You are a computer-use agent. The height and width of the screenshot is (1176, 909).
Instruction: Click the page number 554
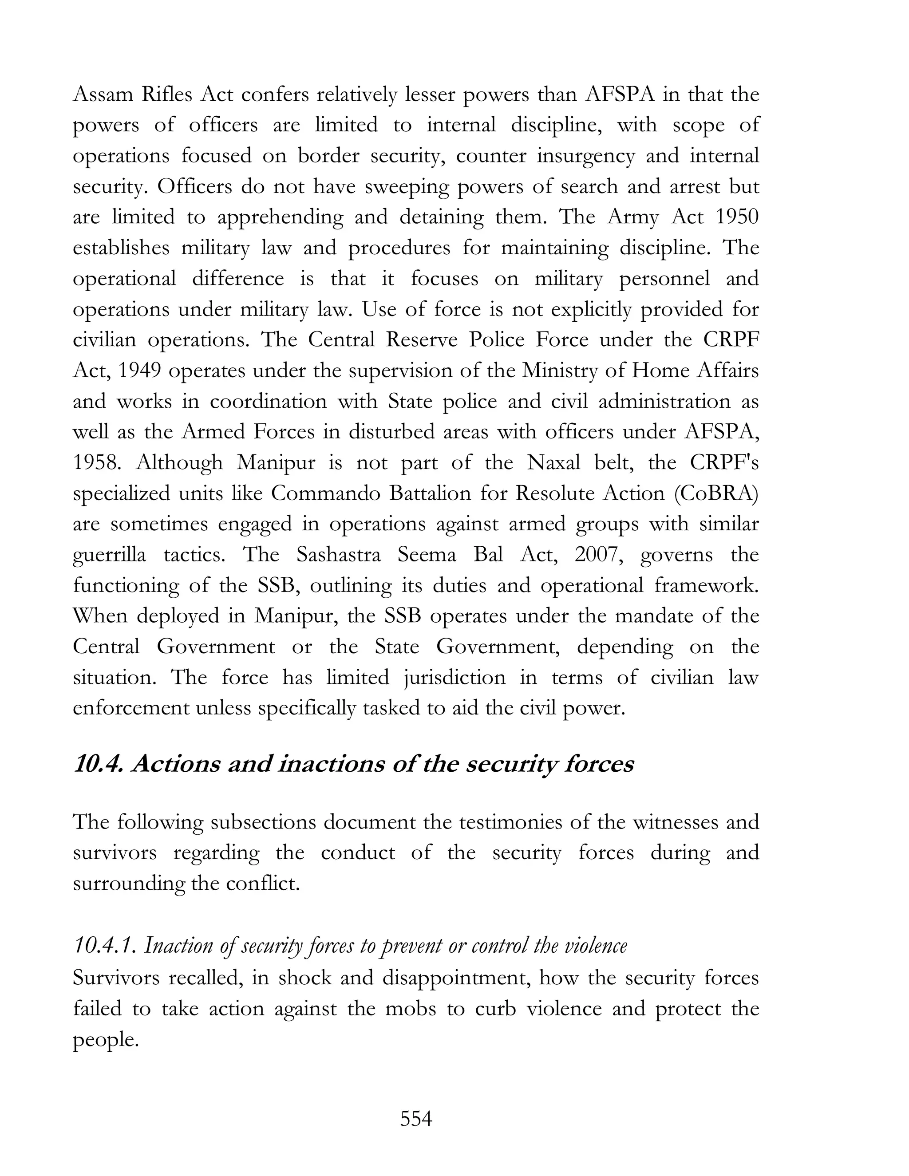416,1118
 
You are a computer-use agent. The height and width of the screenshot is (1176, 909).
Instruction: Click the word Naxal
553,462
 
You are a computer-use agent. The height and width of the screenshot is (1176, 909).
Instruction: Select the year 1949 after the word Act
136,371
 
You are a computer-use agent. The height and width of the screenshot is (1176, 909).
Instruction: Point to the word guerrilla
109,555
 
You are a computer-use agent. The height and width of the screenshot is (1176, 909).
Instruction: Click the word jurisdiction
455,677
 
